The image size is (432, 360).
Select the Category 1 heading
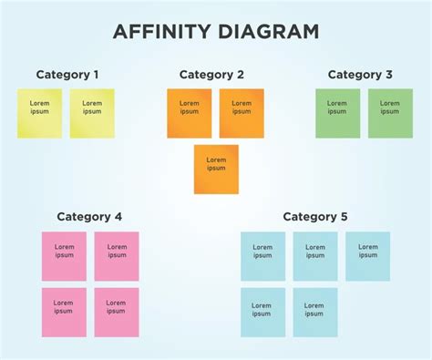[x=67, y=75]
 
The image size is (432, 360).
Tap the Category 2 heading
[x=211, y=75]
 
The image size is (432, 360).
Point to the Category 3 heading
[x=360, y=75]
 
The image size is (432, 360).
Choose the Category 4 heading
[x=89, y=217]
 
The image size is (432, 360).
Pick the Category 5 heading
[x=315, y=217]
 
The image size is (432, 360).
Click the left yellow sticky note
[x=40, y=113]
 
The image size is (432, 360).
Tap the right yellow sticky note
[x=92, y=113]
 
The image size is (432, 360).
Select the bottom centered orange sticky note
[x=216, y=169]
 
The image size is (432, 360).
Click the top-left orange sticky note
[x=189, y=113]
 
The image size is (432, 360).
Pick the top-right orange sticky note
[x=242, y=113]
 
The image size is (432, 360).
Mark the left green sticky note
[x=338, y=113]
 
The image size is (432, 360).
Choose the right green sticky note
[x=390, y=113]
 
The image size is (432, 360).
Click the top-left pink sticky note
[x=64, y=256]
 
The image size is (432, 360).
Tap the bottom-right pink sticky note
[x=117, y=313]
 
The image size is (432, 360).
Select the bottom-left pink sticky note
[x=64, y=313]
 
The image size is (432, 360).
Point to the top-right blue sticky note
[x=367, y=256]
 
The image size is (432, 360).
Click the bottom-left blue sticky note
[x=262, y=313]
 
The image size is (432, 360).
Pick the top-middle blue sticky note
[x=315, y=256]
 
